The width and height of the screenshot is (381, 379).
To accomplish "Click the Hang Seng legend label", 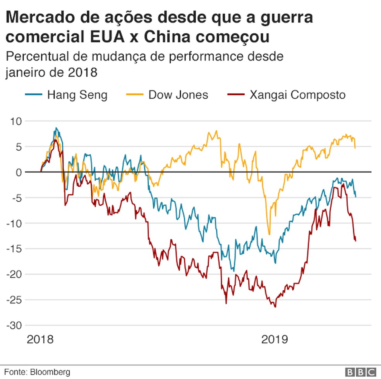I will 77,95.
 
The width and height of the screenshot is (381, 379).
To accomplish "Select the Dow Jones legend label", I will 178,95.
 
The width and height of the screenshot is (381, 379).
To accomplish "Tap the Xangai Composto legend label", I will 297,95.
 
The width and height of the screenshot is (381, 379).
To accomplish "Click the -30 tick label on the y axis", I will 15,326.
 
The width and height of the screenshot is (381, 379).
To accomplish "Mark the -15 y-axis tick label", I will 15,249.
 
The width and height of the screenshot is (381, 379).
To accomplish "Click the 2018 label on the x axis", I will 40,340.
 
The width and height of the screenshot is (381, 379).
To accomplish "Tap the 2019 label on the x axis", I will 275,340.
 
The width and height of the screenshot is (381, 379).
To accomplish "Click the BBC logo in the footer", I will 360,372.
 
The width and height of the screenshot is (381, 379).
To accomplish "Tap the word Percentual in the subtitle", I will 37,57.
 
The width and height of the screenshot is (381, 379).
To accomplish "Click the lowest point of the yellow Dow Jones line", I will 269,234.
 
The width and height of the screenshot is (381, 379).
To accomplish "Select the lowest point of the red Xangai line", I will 275,307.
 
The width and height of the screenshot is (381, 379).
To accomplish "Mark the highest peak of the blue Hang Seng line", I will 56,128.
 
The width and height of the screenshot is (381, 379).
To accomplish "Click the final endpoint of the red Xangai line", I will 355,241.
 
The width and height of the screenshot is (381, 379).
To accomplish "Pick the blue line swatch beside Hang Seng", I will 33,95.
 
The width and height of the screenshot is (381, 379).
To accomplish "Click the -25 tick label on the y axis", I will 15,300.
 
